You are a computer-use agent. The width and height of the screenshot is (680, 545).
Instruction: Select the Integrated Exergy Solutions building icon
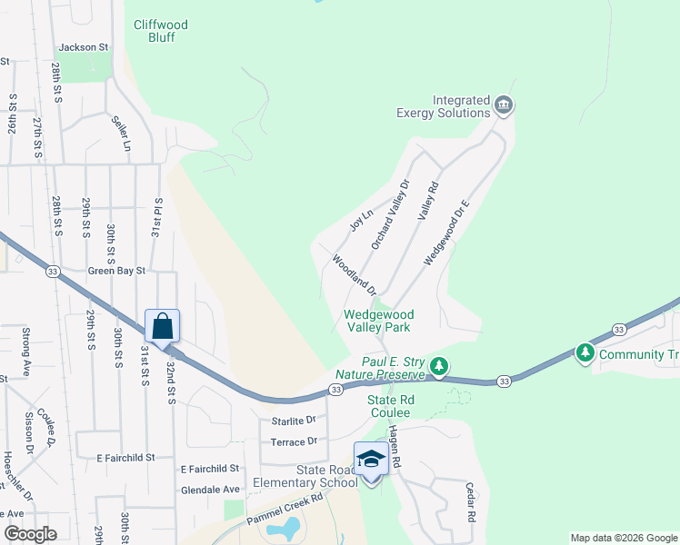(503, 106)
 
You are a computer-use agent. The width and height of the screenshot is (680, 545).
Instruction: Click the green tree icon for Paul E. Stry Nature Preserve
(440, 367)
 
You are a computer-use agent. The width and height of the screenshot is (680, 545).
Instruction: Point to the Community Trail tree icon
(585, 352)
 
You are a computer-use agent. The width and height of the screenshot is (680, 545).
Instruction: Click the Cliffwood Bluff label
(160, 31)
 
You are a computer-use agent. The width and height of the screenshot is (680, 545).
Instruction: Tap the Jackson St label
(83, 47)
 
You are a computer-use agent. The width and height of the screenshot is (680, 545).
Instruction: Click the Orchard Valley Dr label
(391, 214)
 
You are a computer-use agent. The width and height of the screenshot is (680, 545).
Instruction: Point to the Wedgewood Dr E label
(446, 233)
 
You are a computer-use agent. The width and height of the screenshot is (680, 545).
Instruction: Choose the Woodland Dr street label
(354, 275)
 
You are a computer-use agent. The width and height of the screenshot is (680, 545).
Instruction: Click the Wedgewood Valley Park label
(377, 322)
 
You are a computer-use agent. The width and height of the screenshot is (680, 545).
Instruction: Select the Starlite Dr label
(293, 421)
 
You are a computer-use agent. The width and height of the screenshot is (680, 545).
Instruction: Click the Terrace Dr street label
(293, 441)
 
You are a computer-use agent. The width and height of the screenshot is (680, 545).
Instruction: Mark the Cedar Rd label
(472, 501)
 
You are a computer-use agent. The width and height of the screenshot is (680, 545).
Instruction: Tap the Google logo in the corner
(30, 534)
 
